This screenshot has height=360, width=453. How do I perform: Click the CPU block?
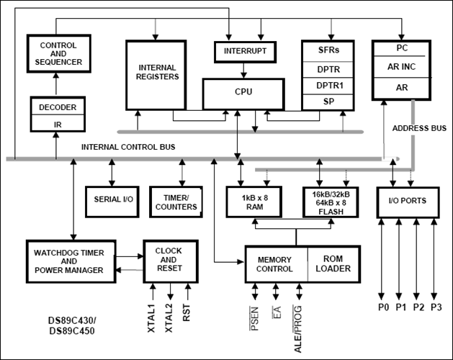[243, 93]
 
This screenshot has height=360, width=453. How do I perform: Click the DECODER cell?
[58, 107]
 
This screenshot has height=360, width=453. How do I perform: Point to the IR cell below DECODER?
[58, 124]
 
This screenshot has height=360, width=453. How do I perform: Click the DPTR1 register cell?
[328, 85]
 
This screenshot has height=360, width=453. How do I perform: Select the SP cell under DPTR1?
[328, 102]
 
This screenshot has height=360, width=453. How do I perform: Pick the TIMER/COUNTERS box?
[174, 202]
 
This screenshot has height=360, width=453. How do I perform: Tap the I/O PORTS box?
[408, 201]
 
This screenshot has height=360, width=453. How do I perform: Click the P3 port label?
[436, 308]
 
